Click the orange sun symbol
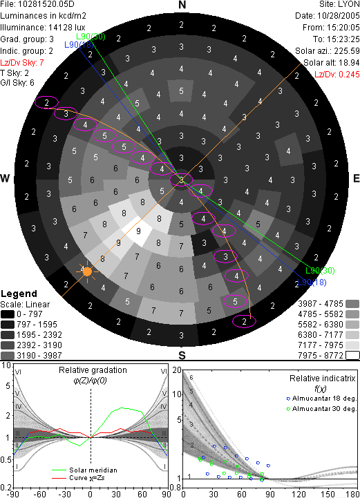pyautogui.click(x=87, y=271)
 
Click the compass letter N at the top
pyautogui.click(x=182, y=5)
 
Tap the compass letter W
pyautogui.click(x=5, y=178)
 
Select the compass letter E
pyautogui.click(x=356, y=178)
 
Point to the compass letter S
pyautogui.click(x=182, y=356)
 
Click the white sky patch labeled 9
pyautogui.click(x=137, y=231)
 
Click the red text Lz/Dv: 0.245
pyautogui.click(x=337, y=75)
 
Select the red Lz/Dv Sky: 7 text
pyautogui.click(x=22, y=63)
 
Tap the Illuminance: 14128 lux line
pyautogui.click(x=43, y=28)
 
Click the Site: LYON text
pyautogui.click(x=339, y=4)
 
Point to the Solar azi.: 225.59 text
pyautogui.click(x=328, y=51)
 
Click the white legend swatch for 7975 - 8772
pyautogui.click(x=352, y=356)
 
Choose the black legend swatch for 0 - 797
pyautogui.click(x=8, y=314)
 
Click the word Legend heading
pyautogui.click(x=19, y=294)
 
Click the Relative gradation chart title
pyautogui.click(x=93, y=370)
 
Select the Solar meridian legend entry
pyautogui.click(x=84, y=470)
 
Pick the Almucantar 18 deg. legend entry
pyautogui.click(x=321, y=399)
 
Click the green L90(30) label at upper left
pyautogui.click(x=91, y=37)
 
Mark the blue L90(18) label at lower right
pyautogui.click(x=312, y=282)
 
